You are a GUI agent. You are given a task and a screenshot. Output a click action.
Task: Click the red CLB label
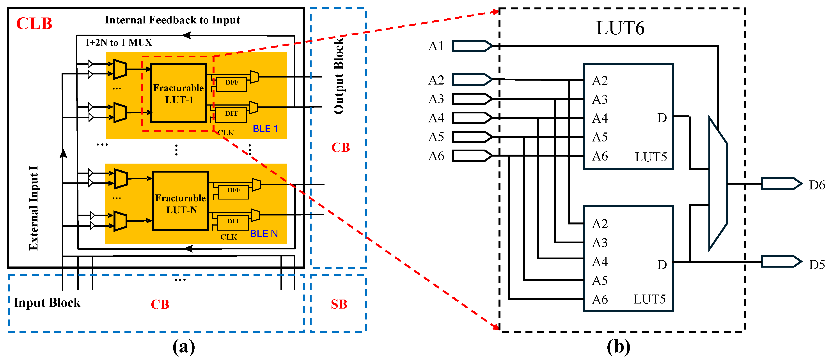point(34,24)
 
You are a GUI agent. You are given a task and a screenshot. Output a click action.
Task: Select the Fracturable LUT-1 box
point(179,93)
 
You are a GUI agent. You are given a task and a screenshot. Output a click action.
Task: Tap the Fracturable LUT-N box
point(181,201)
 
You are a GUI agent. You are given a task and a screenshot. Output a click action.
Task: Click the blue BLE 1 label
point(265,129)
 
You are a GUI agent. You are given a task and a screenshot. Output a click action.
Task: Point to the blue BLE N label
point(264,233)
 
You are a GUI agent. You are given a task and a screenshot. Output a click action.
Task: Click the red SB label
point(339,304)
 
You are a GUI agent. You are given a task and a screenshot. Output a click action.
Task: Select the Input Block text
point(47,303)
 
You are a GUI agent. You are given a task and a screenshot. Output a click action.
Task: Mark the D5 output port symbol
point(781,261)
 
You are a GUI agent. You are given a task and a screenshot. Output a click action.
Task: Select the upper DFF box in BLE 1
point(232,84)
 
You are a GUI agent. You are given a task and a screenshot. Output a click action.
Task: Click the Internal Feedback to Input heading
point(172,20)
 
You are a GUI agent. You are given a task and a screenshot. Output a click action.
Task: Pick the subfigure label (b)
point(618,347)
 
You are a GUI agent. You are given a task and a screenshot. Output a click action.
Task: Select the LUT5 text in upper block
point(651,157)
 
